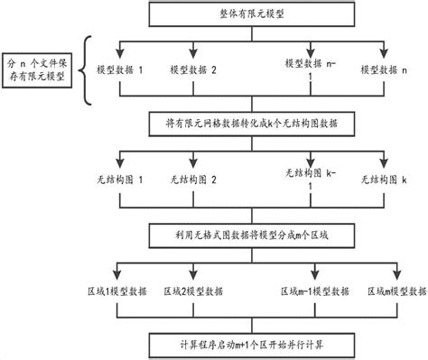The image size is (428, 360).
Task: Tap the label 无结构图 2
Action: (x=194, y=180)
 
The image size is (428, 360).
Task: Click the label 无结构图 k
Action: (x=385, y=180)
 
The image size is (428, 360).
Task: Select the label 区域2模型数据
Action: (x=196, y=291)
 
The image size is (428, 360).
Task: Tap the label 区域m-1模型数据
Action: (x=314, y=291)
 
